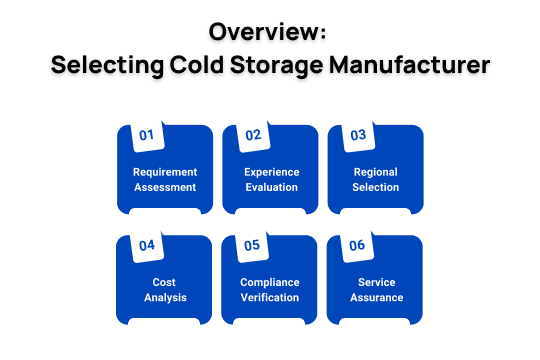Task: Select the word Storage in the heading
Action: pyautogui.click(x=292, y=66)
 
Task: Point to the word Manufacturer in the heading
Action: pyautogui.click(x=421, y=66)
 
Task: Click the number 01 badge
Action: pyautogui.click(x=146, y=135)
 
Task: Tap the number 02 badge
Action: pyautogui.click(x=252, y=135)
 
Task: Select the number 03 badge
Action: pyautogui.click(x=357, y=135)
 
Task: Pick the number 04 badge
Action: pyautogui.click(x=146, y=245)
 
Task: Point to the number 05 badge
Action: pyautogui.click(x=252, y=245)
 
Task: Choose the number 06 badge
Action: pyautogui.click(x=357, y=245)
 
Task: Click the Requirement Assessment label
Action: pyautogui.click(x=165, y=179)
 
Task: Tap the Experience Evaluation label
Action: pyautogui.click(x=271, y=179)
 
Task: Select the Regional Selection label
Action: pyautogui.click(x=376, y=179)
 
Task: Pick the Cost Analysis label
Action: pyautogui.click(x=165, y=289)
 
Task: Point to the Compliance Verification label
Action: pyautogui.click(x=271, y=289)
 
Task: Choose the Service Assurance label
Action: pyautogui.click(x=376, y=289)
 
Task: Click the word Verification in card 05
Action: pyautogui.click(x=271, y=297)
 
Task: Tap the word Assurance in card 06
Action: pyautogui.click(x=376, y=297)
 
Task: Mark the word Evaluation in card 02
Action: pyautogui.click(x=271, y=187)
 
